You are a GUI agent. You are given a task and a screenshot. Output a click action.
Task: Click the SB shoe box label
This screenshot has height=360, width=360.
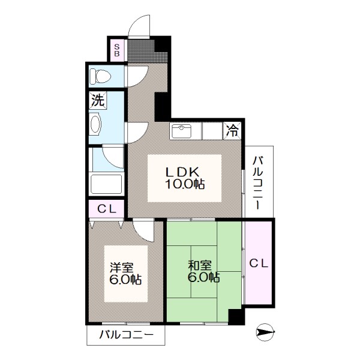[117, 50]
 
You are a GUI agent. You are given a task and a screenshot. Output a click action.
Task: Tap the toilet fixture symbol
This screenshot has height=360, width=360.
[100, 76]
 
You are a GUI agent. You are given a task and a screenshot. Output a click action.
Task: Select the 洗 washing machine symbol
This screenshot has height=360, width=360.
[98, 100]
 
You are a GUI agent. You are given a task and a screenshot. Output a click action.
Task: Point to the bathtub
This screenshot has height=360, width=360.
[107, 184]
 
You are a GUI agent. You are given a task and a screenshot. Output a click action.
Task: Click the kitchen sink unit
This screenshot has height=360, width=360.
[182, 131]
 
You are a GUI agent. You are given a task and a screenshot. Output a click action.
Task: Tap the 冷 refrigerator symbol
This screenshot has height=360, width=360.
[232, 131]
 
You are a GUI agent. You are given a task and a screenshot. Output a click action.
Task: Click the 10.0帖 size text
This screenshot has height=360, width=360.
[185, 184]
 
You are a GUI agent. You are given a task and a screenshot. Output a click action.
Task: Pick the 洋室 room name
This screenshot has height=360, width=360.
[122, 268]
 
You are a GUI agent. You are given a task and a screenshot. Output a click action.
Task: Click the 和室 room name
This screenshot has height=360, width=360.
[200, 265]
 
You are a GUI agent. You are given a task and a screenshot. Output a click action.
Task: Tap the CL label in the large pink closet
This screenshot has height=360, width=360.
[259, 263]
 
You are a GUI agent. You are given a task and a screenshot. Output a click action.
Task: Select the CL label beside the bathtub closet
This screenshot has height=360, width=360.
[107, 209]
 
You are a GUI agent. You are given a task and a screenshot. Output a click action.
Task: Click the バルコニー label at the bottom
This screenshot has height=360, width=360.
[126, 335]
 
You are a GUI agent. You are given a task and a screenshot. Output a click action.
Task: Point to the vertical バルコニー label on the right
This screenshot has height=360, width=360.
[258, 183]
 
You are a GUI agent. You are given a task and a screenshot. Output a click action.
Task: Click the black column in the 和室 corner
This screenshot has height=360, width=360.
[236, 317]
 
